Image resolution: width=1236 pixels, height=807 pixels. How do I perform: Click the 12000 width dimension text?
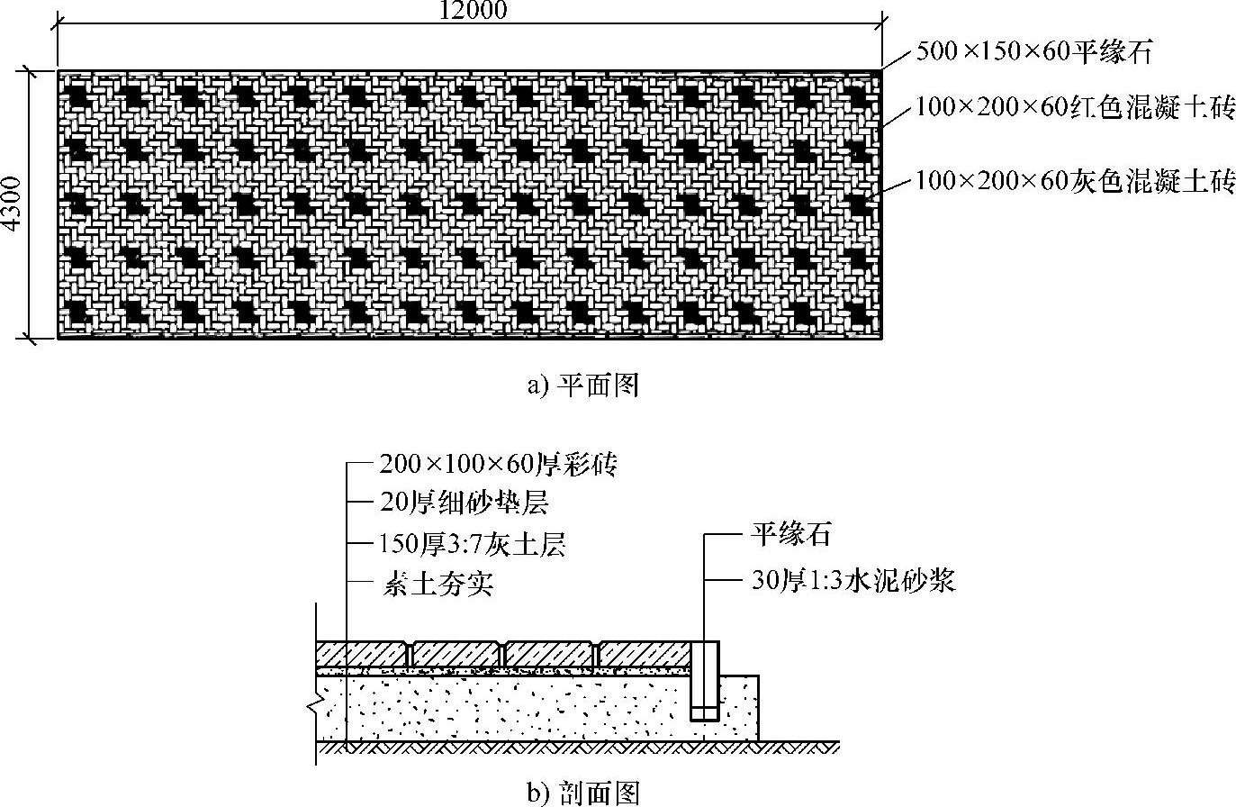click(473, 10)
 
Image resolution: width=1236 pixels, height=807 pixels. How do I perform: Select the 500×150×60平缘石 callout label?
click(1034, 51)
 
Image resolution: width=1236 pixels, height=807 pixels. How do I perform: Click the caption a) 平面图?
click(582, 386)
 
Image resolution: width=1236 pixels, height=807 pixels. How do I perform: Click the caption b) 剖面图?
click(583, 793)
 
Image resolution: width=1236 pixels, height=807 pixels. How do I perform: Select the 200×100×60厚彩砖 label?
click(498, 465)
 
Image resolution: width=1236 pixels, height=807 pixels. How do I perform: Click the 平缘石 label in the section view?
click(791, 536)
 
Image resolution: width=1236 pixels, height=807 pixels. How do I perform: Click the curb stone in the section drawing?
click(705, 680)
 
